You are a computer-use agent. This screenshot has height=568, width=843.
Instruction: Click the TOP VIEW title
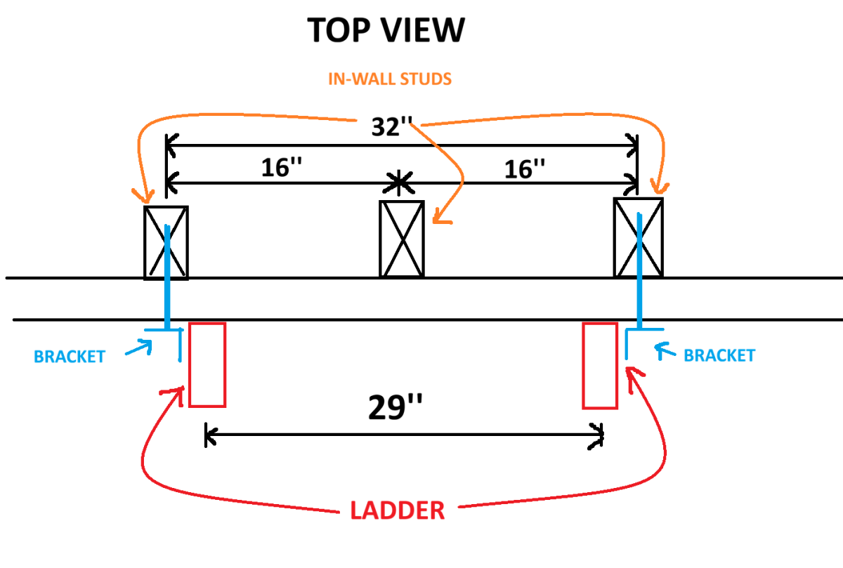pos(386,30)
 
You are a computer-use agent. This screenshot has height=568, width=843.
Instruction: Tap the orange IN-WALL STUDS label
pos(390,79)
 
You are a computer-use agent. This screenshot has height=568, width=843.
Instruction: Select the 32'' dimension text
pos(392,126)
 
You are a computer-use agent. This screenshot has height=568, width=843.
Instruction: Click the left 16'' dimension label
pos(282,167)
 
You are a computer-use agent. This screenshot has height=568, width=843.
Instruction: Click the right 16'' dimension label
pos(525,169)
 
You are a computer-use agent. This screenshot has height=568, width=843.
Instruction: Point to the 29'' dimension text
pos(395,407)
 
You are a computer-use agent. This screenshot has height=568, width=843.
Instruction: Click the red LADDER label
pos(398,511)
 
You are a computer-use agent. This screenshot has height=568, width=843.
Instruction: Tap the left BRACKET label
pos(70,357)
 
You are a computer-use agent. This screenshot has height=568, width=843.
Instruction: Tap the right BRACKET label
pos(719,355)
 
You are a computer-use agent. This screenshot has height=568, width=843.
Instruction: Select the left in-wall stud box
pos(166,243)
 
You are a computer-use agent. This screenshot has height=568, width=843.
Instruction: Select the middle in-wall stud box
pos(402,239)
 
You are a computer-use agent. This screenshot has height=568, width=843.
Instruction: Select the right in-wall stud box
pos(639,238)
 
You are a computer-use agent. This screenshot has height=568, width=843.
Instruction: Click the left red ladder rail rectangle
pos(207,365)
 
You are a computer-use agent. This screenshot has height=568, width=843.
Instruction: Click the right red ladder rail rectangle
pos(600,366)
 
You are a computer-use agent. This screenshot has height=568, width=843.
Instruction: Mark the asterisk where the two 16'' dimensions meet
pos(399,183)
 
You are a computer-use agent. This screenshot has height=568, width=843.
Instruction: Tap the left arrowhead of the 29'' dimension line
pos(209,435)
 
